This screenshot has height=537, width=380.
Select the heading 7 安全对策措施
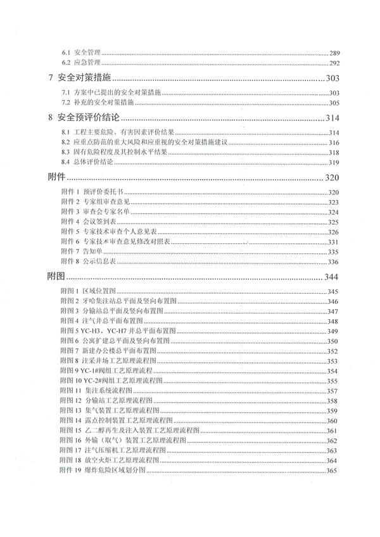tap(84, 79)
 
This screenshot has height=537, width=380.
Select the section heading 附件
tap(57, 177)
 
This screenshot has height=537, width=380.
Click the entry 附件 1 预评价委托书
tap(91, 192)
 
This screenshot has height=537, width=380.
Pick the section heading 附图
tap(57, 277)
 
